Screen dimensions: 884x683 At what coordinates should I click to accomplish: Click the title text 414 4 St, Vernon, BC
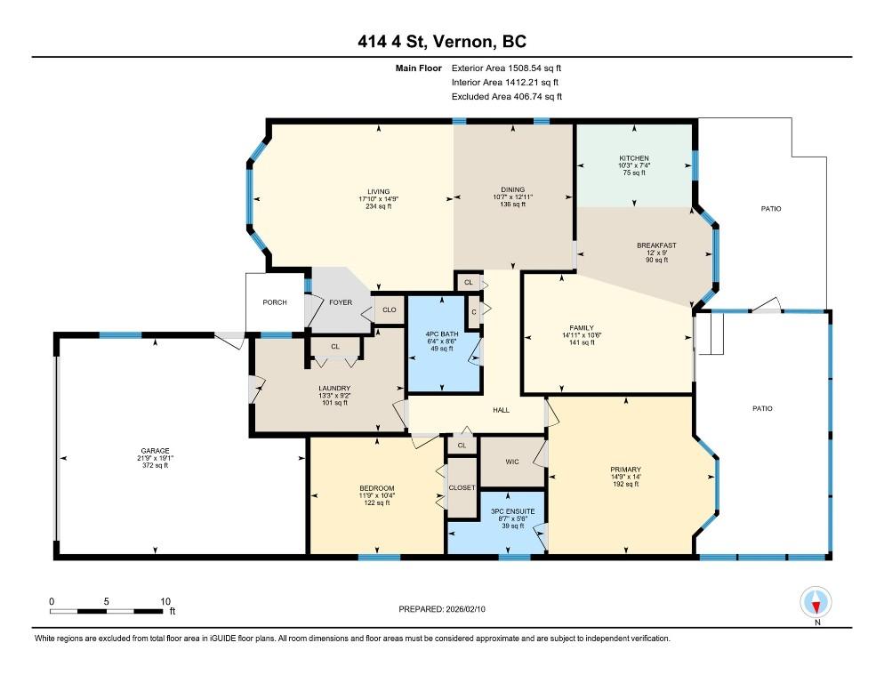pyautogui.click(x=442, y=41)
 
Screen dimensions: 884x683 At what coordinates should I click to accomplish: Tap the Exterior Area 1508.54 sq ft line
pyautogui.click(x=506, y=68)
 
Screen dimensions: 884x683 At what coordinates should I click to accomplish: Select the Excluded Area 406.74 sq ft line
pyautogui.click(x=507, y=96)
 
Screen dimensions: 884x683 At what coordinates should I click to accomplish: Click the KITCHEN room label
pyautogui.click(x=634, y=158)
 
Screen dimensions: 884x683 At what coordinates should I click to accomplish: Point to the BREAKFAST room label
pyautogui.click(x=657, y=245)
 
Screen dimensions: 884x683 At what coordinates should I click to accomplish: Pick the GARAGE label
pyautogui.click(x=155, y=451)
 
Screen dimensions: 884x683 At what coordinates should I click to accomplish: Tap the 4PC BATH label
pyautogui.click(x=442, y=333)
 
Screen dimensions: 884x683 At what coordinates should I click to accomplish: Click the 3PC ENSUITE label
pyautogui.click(x=513, y=511)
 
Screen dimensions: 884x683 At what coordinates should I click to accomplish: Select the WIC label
pyautogui.click(x=512, y=462)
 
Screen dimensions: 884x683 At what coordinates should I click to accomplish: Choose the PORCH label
pyautogui.click(x=275, y=302)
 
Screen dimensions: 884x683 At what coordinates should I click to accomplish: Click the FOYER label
pyautogui.click(x=341, y=302)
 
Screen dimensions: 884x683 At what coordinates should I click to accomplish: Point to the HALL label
pyautogui.click(x=502, y=410)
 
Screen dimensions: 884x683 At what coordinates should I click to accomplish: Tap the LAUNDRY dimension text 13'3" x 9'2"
pyautogui.click(x=334, y=396)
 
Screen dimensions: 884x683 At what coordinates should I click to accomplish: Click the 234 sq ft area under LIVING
pyautogui.click(x=378, y=206)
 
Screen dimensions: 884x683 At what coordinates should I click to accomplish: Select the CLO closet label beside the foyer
pyautogui.click(x=389, y=309)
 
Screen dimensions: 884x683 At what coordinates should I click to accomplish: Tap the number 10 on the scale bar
pyautogui.click(x=165, y=601)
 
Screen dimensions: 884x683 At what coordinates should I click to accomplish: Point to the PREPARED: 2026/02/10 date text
pyautogui.click(x=442, y=609)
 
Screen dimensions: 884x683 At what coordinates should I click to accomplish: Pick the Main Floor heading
pyautogui.click(x=418, y=68)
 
